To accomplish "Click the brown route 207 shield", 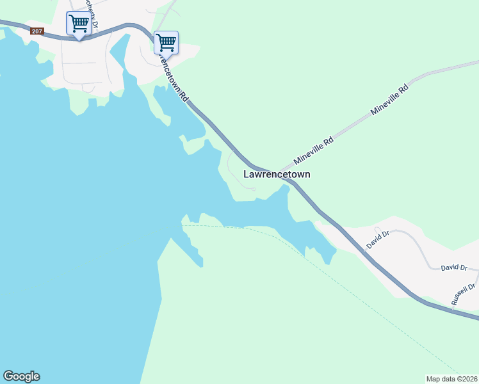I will click(37, 31).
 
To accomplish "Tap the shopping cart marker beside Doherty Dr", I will click(79, 24).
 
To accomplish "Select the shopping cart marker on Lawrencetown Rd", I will click(166, 44).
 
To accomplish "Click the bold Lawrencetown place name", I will click(277, 174).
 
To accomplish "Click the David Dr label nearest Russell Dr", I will click(454, 268).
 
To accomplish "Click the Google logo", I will click(21, 376).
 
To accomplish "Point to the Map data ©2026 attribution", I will click(451, 378).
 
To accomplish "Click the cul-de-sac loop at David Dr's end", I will click(378, 229).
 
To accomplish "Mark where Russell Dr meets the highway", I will click(453, 310).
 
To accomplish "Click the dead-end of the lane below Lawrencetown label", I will click(254, 189).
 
